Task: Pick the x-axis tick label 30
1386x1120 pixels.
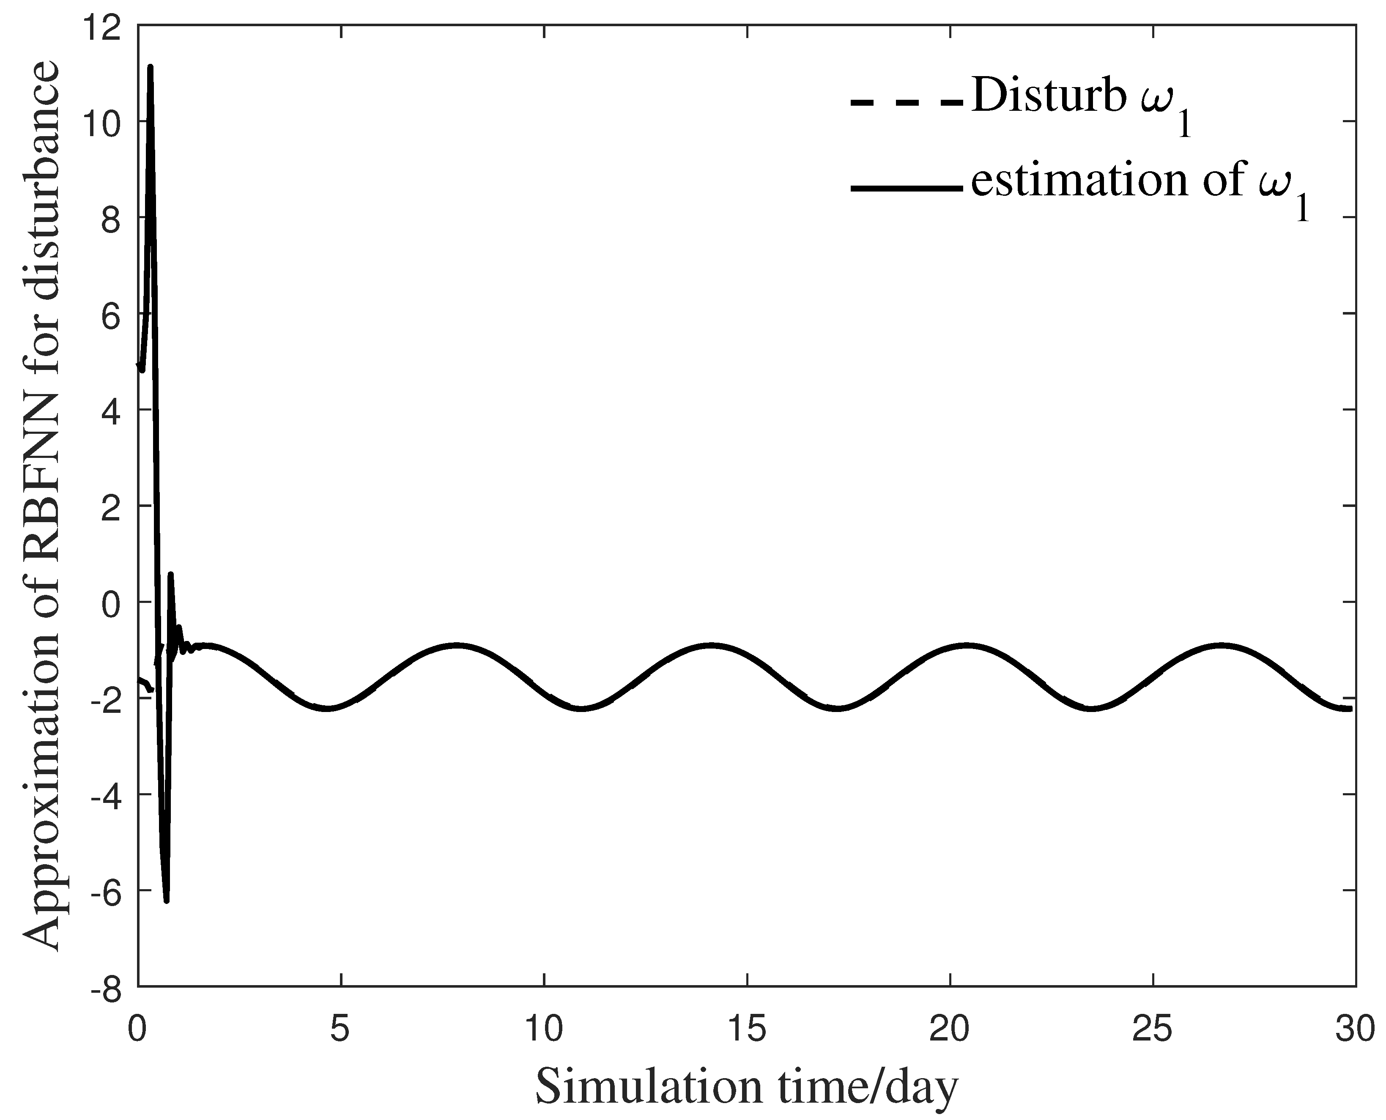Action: click(x=1355, y=1030)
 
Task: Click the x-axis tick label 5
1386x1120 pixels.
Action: click(x=341, y=1030)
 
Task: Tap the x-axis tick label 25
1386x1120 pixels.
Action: click(x=1153, y=1030)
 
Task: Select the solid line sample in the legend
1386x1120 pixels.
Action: click(x=907, y=189)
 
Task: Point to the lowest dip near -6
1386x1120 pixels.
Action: click(x=167, y=900)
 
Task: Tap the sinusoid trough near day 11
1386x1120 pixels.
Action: click(x=582, y=708)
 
